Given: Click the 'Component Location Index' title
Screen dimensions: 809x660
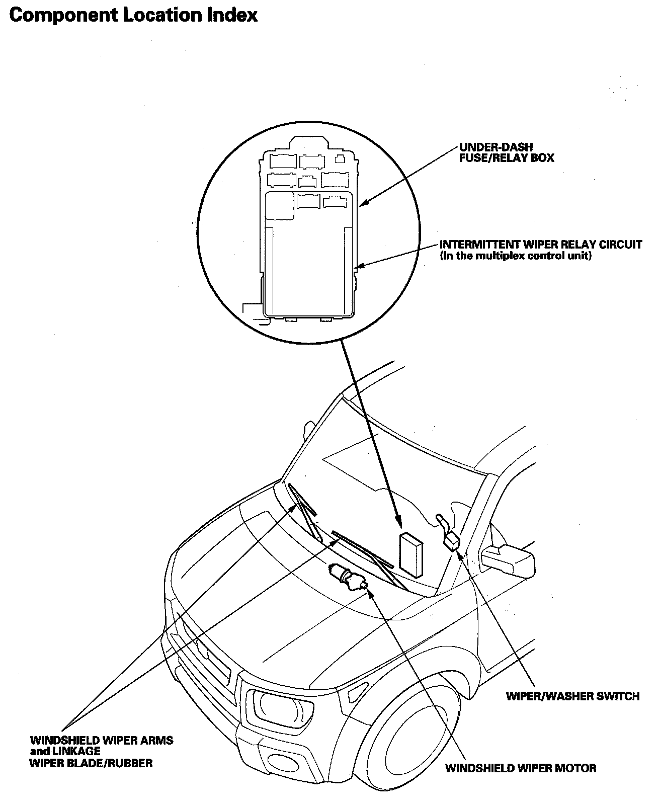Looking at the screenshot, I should [133, 15].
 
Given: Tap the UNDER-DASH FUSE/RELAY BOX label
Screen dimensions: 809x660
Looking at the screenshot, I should [506, 153].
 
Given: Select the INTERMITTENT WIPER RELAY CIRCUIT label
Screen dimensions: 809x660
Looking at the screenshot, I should [541, 245].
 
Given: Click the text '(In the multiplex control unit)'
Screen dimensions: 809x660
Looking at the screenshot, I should [516, 256].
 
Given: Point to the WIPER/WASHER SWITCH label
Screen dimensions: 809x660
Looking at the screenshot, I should [572, 696].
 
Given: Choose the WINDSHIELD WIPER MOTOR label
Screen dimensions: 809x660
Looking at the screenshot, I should [521, 768].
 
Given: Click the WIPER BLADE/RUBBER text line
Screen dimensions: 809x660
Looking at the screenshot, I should [91, 763].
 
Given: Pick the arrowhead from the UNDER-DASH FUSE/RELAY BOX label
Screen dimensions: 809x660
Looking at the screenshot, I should [364, 204].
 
